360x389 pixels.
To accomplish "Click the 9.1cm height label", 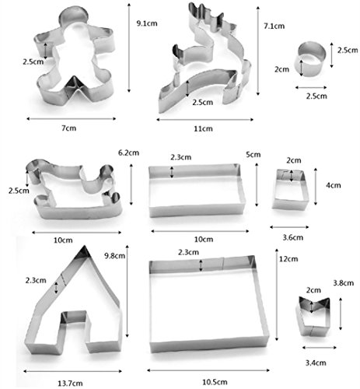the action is point(147,23).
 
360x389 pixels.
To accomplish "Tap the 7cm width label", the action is point(69,128).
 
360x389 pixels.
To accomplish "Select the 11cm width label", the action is point(203,128).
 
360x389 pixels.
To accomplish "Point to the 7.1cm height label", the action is point(274,26).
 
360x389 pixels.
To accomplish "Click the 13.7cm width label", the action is point(70,383).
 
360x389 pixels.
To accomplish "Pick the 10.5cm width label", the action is point(215,382).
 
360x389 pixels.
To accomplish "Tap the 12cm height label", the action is point(288,258).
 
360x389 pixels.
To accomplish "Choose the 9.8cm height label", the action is point(114,256).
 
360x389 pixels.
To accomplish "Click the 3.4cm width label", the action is point(316,363).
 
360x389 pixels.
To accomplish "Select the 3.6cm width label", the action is point(293,237).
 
